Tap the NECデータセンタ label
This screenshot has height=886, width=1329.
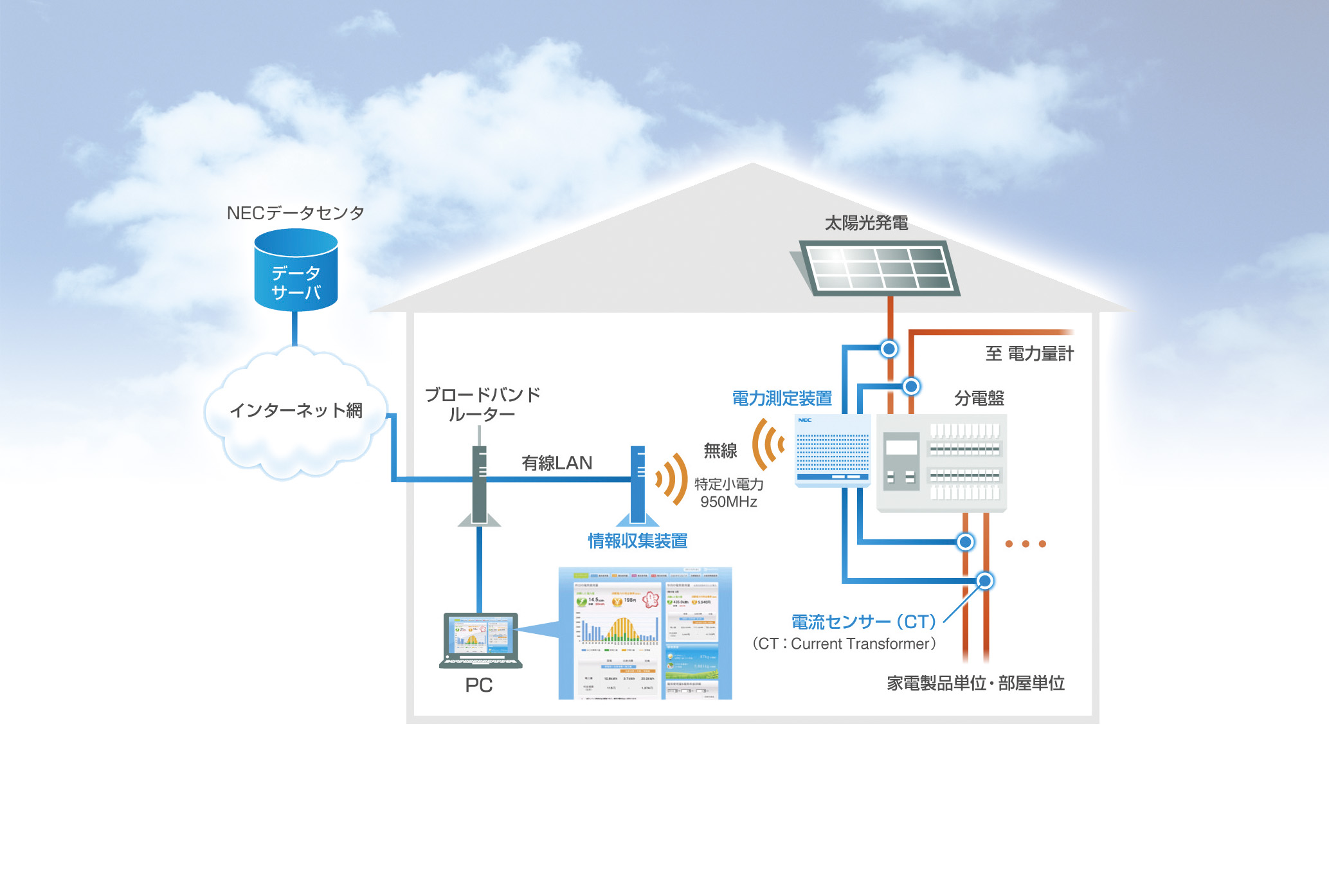pos(296,213)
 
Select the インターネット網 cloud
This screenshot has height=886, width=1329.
pos(296,411)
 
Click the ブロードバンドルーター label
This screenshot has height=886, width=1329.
pos(482,404)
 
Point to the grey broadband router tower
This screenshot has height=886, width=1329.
pos(479,485)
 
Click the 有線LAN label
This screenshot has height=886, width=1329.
pos(557,463)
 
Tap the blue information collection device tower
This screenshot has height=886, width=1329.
pos(638,485)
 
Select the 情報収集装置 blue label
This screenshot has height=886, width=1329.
pos(638,541)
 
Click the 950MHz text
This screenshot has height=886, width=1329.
pos(728,502)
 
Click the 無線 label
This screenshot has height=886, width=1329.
pos(720,451)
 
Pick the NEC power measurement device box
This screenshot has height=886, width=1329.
pos(833,451)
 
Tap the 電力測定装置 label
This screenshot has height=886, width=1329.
pos(782,399)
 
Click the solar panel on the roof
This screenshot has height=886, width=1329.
pos(878,267)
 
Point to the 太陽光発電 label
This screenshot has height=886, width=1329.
pos(866,223)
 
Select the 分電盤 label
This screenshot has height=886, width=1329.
pos(979,399)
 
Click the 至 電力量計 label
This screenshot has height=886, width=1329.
pos(1029,354)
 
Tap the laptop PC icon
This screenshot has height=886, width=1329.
pos(481,640)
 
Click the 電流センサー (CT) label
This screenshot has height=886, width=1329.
pos(863,622)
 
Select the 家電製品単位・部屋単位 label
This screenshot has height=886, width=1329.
pos(975,683)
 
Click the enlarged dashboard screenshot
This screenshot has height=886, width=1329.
pos(645,633)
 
